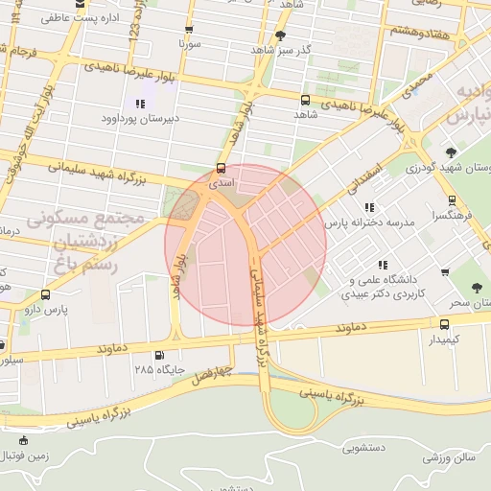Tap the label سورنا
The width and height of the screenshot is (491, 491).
[x=188, y=44]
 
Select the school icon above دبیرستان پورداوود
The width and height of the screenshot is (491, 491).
[x=140, y=103]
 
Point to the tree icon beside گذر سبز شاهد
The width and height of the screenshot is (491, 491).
[x=279, y=36]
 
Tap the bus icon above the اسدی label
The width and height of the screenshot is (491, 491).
[x=222, y=167]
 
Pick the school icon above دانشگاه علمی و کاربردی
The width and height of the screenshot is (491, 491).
[x=382, y=265]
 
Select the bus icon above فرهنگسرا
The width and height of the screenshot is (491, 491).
[x=452, y=201]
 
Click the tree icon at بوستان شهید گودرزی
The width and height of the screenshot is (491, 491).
[x=451, y=152]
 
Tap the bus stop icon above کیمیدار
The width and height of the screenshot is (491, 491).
[x=443, y=324]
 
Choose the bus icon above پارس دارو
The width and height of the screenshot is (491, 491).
[x=45, y=294]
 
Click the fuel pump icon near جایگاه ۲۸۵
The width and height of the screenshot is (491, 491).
[x=144, y=352]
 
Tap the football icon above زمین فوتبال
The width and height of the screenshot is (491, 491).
[x=24, y=441]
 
